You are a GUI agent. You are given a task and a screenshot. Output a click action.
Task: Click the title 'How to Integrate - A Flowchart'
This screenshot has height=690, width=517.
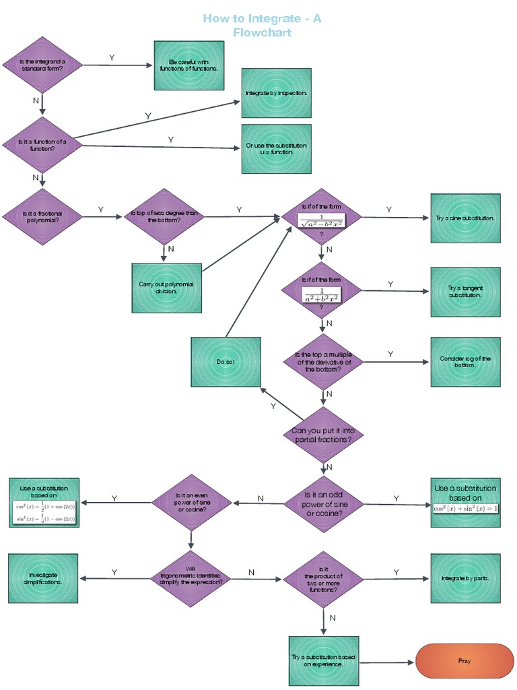[262, 25]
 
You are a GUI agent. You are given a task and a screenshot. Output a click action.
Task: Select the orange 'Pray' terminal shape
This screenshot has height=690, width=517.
[464, 661]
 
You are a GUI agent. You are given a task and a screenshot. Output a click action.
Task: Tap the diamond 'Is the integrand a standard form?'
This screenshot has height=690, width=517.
[42, 65]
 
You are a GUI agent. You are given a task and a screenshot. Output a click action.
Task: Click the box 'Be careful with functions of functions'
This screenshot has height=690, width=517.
[188, 65]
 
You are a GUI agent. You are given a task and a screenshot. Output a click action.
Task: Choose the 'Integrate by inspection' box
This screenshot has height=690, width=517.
[276, 93]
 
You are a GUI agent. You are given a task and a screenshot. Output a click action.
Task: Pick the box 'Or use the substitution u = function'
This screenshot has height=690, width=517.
[276, 149]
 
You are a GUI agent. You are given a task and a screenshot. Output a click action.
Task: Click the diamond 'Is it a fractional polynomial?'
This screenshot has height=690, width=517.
[42, 216]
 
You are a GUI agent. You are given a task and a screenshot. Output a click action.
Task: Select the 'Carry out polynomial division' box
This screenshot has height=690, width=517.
[166, 288]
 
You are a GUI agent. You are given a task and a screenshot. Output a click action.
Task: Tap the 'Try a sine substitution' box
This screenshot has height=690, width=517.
[465, 218]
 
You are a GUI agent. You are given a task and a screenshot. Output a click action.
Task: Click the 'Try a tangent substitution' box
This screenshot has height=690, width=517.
[465, 292]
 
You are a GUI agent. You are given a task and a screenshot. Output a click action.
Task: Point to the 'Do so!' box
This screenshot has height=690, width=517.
[226, 362]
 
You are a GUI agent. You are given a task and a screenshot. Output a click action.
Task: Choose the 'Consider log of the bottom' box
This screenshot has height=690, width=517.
[465, 362]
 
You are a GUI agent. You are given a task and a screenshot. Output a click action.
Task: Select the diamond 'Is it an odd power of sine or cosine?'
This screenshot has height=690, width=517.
[324, 503]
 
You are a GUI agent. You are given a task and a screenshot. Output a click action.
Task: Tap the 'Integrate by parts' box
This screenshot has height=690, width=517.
[465, 578]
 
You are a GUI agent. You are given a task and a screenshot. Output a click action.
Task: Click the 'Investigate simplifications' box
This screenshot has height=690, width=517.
[43, 578]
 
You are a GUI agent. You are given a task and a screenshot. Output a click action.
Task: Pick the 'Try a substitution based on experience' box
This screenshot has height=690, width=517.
[324, 660]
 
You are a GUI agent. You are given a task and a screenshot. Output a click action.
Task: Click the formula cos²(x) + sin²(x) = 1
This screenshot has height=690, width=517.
[465, 507]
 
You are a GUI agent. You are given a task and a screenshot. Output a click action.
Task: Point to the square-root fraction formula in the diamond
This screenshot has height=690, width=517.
[322, 220]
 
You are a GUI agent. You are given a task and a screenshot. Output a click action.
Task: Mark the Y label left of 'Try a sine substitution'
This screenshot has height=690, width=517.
[389, 210]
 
